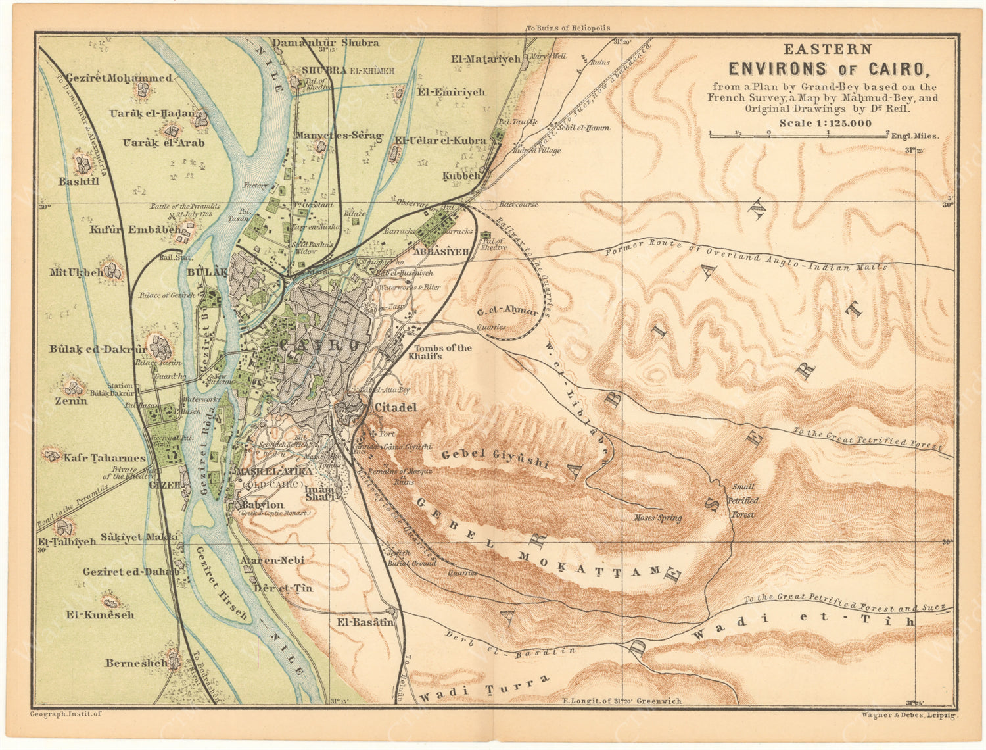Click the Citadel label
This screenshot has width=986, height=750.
tap(395, 407)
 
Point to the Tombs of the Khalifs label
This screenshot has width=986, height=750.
tap(442, 352)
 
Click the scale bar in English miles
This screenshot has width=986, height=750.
tap(799, 135)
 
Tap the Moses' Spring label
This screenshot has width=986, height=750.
tap(657, 518)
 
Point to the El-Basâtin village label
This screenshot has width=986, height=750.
tap(365, 622)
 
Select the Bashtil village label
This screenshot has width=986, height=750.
tap(79, 181)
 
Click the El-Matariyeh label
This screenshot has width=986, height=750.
tap(486, 59)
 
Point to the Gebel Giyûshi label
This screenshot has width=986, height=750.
tap(494, 459)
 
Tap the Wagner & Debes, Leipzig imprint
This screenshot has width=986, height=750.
tap(909, 714)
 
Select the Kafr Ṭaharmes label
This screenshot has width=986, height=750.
tap(104, 458)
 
